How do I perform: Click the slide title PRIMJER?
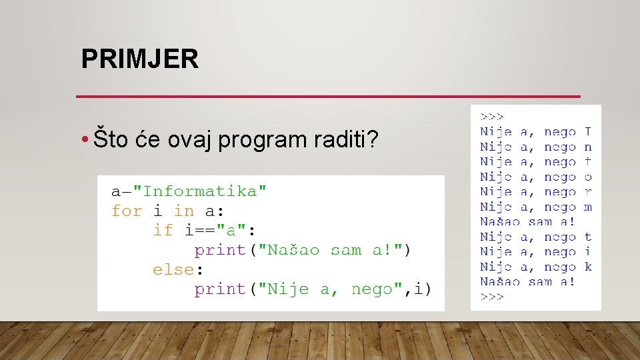click(139, 59)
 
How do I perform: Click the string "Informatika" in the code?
click(200, 191)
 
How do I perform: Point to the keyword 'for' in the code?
click(127, 211)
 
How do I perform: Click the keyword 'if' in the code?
click(163, 231)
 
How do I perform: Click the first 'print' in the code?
click(219, 250)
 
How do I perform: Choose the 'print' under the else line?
click(219, 289)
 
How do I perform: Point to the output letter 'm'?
click(587, 207)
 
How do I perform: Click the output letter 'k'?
click(587, 267)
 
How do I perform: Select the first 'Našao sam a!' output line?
click(527, 222)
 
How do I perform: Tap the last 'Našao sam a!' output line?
click(527, 281)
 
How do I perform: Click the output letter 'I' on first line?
click(587, 132)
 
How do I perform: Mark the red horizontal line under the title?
click(328, 97)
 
